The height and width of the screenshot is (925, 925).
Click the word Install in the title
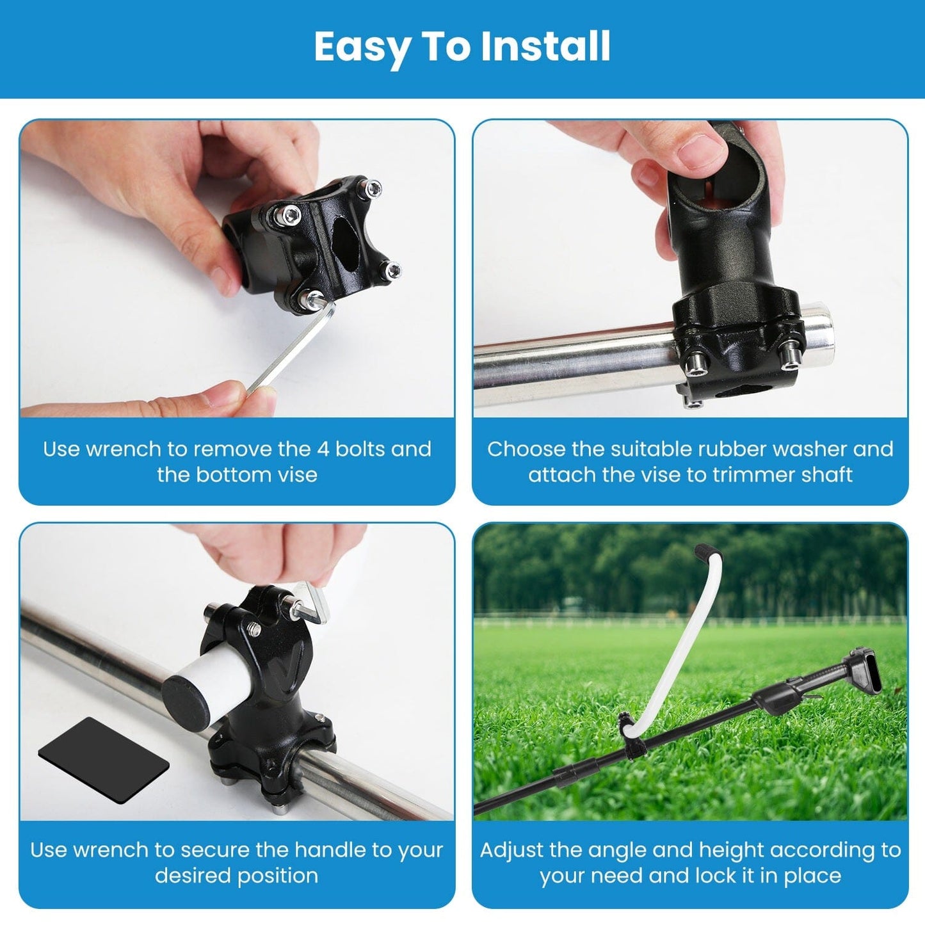(545, 46)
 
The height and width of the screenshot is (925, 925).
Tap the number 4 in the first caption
(323, 449)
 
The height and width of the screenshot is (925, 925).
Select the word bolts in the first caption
(360, 449)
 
